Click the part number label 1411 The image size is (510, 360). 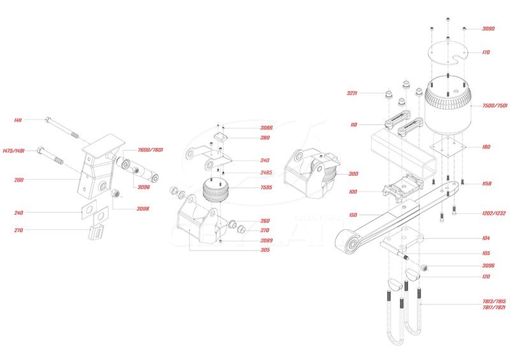(x=18, y=120)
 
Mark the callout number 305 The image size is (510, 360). (x=247, y=250)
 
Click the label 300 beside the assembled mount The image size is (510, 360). (x=354, y=173)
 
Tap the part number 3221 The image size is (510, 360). (x=353, y=94)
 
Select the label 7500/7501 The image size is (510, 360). (x=495, y=106)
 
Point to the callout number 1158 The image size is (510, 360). (x=487, y=184)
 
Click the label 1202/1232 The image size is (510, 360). (x=493, y=213)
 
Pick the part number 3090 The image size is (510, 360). (x=488, y=29)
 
